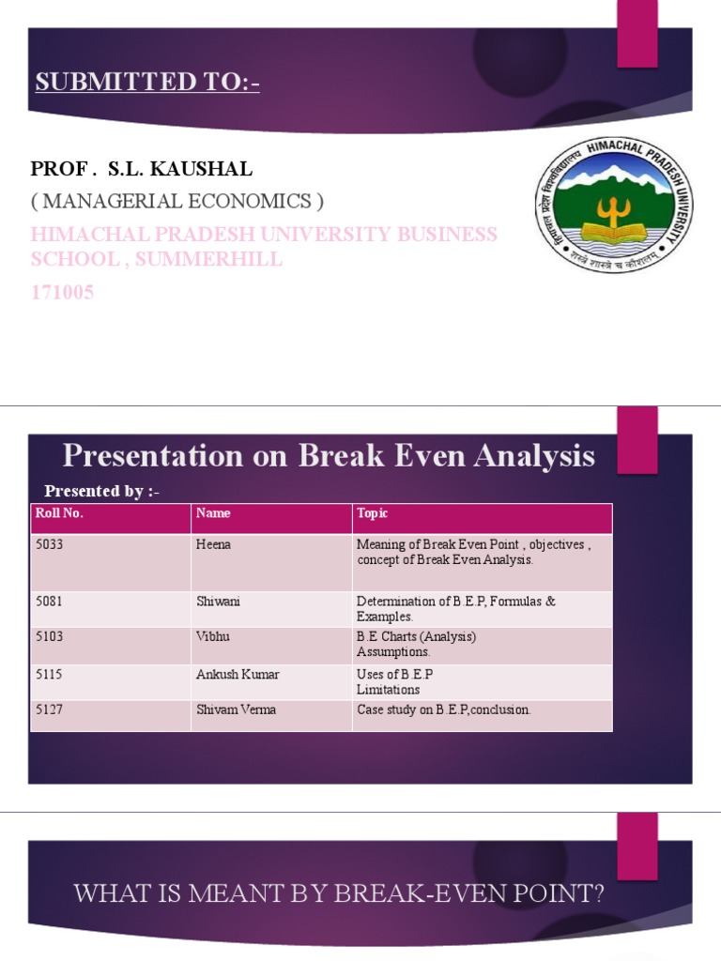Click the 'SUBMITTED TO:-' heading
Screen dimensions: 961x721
[x=147, y=83]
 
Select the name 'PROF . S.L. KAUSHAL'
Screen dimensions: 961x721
[x=142, y=169]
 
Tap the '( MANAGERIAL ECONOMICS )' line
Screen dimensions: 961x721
[x=177, y=201]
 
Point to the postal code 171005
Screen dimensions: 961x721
[x=62, y=293]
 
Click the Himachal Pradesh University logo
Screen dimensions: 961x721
[x=614, y=205]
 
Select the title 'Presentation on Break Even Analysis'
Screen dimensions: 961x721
[x=329, y=456]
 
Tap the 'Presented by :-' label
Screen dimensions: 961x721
[x=102, y=491]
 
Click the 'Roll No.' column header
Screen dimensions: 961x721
[x=54, y=513]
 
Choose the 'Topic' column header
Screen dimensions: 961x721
[x=372, y=513]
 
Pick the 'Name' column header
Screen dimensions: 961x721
[x=213, y=513]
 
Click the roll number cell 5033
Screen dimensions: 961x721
[x=49, y=544]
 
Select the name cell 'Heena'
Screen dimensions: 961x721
[x=213, y=544]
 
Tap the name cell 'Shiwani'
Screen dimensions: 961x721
[x=218, y=601]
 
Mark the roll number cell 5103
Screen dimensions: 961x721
[x=49, y=636]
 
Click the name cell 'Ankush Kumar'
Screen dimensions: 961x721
[x=238, y=674]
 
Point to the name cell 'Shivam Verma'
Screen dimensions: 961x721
[x=236, y=709]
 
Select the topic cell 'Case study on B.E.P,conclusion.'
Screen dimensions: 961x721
[x=443, y=709]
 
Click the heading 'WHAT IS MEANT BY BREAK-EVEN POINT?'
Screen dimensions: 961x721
[x=339, y=893]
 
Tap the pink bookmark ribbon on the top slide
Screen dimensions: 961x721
[x=637, y=33]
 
